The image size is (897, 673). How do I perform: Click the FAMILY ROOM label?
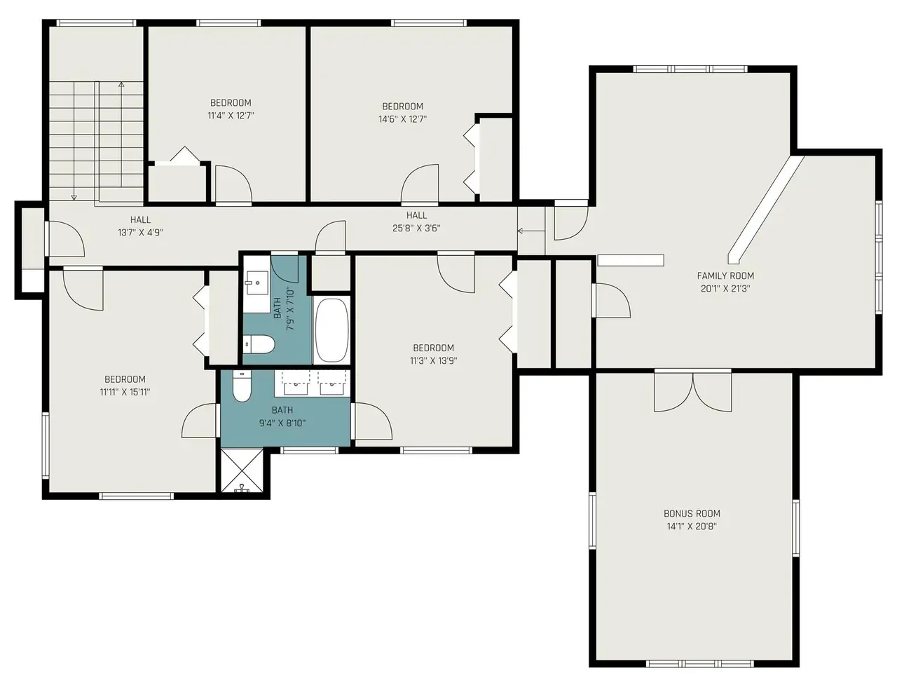(x=725, y=276)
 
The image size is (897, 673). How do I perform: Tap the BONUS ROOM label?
(x=692, y=514)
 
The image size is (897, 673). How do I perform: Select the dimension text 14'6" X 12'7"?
(x=402, y=119)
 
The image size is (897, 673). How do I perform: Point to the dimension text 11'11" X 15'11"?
(x=125, y=393)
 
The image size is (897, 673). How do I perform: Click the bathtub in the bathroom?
(x=332, y=330)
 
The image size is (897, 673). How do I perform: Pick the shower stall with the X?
(x=241, y=471)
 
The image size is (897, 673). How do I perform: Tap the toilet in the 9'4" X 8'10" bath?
(x=241, y=386)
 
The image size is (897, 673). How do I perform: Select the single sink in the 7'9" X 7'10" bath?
(x=256, y=285)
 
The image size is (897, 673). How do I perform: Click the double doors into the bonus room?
(x=692, y=391)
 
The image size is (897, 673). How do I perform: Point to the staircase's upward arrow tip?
(x=121, y=83)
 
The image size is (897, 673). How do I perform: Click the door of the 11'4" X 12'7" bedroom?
(x=233, y=184)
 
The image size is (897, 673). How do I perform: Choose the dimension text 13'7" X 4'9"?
(x=141, y=233)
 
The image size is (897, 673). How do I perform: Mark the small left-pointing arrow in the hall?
(x=531, y=231)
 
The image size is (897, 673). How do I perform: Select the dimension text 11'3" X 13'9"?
(x=434, y=361)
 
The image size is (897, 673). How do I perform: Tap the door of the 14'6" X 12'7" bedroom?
(x=420, y=184)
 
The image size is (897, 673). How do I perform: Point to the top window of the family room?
(x=690, y=69)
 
